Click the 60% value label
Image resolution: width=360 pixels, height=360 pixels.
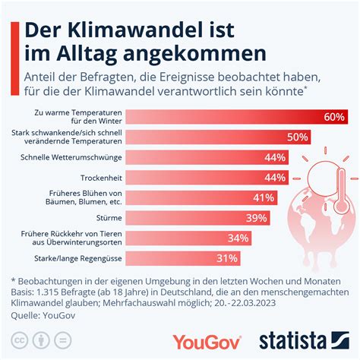(334, 117)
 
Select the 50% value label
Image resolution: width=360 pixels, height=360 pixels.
(297, 137)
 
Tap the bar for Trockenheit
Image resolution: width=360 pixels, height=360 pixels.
(205, 177)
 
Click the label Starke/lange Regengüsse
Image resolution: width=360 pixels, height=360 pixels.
(75, 258)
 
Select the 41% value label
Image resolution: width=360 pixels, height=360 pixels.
(264, 197)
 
